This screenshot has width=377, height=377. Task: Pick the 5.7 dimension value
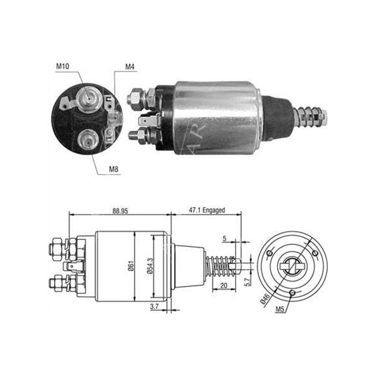(x=248, y=275)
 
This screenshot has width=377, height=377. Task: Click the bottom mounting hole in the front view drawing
(x=292, y=292)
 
